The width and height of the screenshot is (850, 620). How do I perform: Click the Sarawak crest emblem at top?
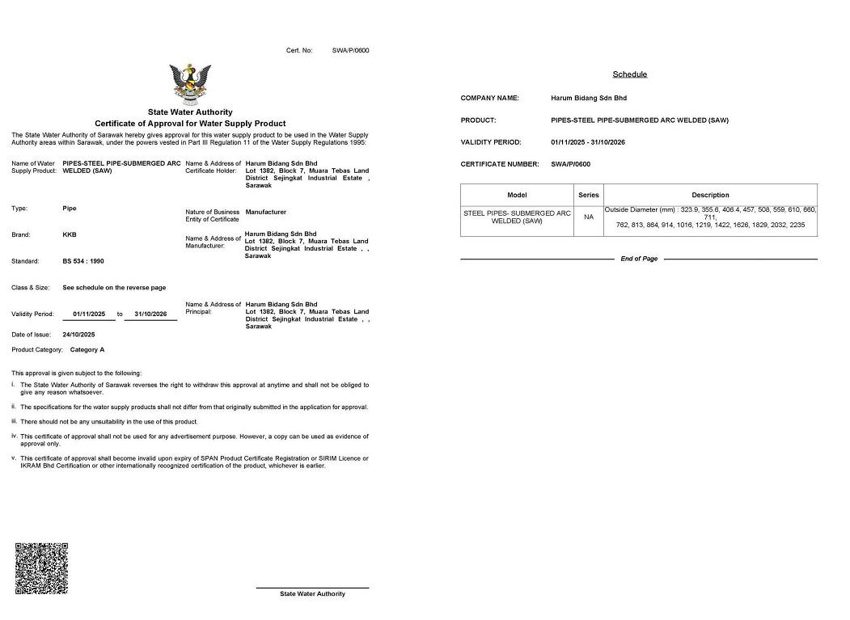click(190, 84)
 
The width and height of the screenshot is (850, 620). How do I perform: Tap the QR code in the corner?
click(41, 568)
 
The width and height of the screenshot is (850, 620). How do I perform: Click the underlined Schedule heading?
click(629, 74)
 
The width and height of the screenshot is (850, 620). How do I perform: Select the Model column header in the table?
click(517, 195)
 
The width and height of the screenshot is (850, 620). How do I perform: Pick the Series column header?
click(589, 195)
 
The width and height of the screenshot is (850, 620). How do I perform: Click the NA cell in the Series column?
click(589, 217)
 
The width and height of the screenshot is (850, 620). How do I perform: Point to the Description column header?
click(710, 195)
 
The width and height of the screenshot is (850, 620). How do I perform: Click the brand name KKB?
click(70, 235)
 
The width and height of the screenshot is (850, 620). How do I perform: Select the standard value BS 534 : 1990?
click(83, 262)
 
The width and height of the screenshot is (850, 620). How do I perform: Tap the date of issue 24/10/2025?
click(78, 335)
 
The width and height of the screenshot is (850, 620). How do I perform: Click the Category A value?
click(87, 350)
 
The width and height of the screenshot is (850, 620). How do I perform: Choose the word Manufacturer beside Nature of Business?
click(266, 212)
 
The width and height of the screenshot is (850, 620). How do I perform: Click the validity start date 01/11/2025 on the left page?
click(89, 314)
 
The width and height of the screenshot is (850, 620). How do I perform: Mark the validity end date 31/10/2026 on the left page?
click(150, 314)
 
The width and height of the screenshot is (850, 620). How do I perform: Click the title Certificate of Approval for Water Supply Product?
click(190, 123)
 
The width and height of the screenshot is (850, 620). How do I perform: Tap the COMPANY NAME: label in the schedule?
click(489, 98)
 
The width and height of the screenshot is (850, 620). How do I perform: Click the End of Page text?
click(639, 259)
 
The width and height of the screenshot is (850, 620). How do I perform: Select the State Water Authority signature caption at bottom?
click(312, 594)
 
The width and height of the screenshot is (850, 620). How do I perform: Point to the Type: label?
click(19, 209)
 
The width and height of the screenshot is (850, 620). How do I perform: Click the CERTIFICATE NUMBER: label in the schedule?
click(499, 164)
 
